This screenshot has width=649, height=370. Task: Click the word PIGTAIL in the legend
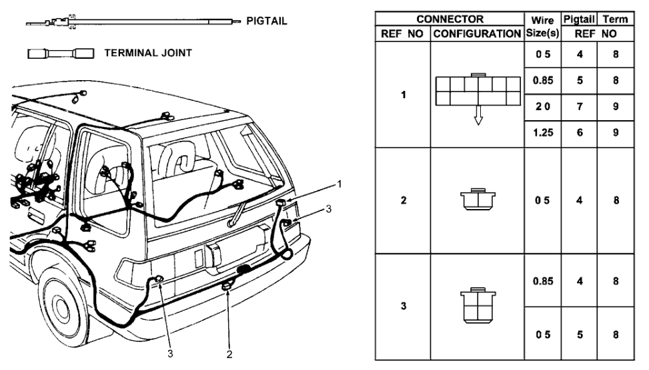coord(267,22)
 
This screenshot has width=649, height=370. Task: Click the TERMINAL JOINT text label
coord(148,53)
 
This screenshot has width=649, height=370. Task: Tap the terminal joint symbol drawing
coord(61,53)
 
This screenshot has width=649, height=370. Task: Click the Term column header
coord(616,20)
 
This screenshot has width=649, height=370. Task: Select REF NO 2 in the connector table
coord(404,200)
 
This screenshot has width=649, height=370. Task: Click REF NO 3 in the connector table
coord(404,306)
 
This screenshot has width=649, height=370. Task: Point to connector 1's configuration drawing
coord(478,89)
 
